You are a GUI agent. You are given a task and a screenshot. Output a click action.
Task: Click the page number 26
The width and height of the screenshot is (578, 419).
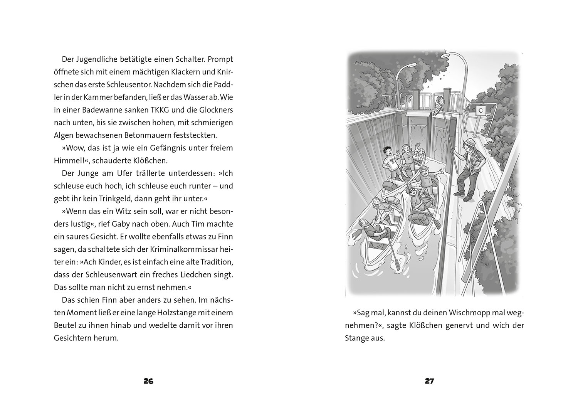click(x=148, y=381)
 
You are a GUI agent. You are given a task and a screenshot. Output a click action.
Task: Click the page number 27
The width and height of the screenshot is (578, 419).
click(x=429, y=381)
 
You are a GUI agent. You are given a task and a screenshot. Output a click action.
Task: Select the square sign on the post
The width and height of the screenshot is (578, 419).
click(x=481, y=110)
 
